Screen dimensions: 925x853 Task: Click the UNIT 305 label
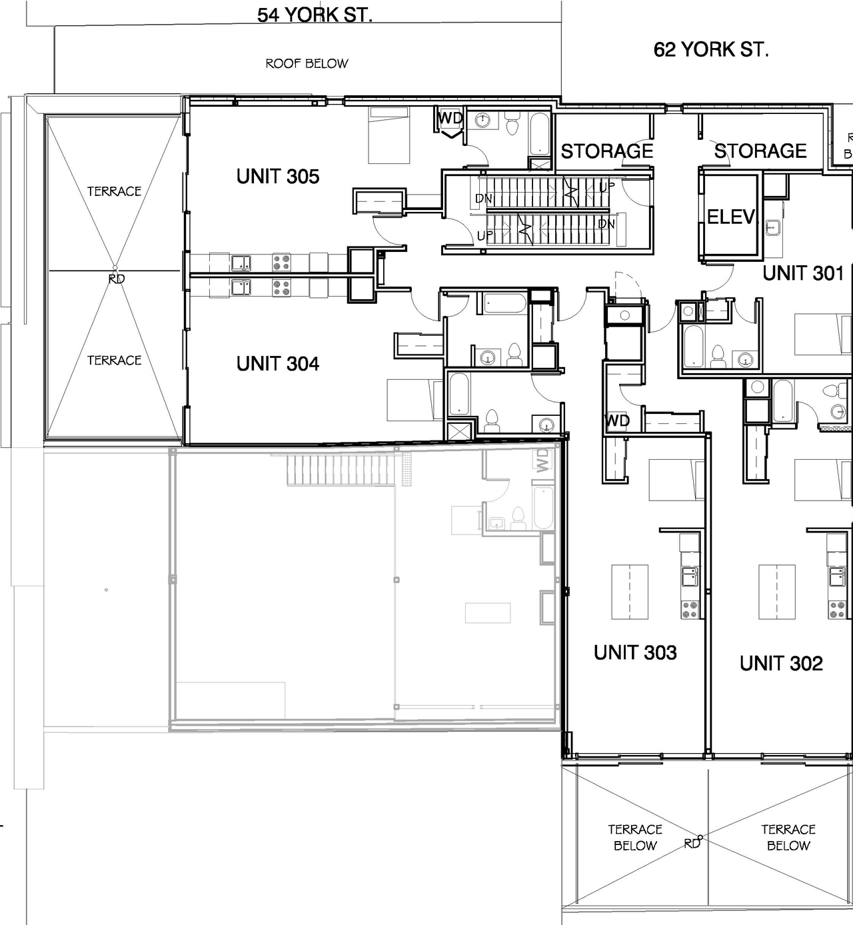(x=278, y=177)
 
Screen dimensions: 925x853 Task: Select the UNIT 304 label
(x=278, y=364)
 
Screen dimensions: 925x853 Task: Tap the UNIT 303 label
(x=635, y=652)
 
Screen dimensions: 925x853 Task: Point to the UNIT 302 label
(x=781, y=663)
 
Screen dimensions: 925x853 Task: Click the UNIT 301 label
(x=803, y=273)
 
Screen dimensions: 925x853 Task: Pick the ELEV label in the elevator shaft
(x=731, y=217)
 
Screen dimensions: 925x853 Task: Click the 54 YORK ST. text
(x=315, y=15)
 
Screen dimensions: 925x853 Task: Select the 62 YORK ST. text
(x=711, y=49)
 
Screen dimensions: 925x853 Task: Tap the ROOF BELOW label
(x=307, y=64)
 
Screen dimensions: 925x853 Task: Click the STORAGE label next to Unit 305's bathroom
(x=606, y=151)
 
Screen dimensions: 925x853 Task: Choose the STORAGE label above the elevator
(x=760, y=151)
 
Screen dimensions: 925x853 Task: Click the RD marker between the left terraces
(x=117, y=279)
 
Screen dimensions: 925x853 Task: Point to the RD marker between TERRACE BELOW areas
(x=692, y=843)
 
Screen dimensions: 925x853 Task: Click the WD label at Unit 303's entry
(x=617, y=421)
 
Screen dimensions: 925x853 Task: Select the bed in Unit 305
(x=389, y=135)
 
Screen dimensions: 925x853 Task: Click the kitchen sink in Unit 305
(x=241, y=263)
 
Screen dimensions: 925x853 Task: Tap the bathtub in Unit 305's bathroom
(x=540, y=133)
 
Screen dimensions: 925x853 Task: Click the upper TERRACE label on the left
(x=114, y=191)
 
